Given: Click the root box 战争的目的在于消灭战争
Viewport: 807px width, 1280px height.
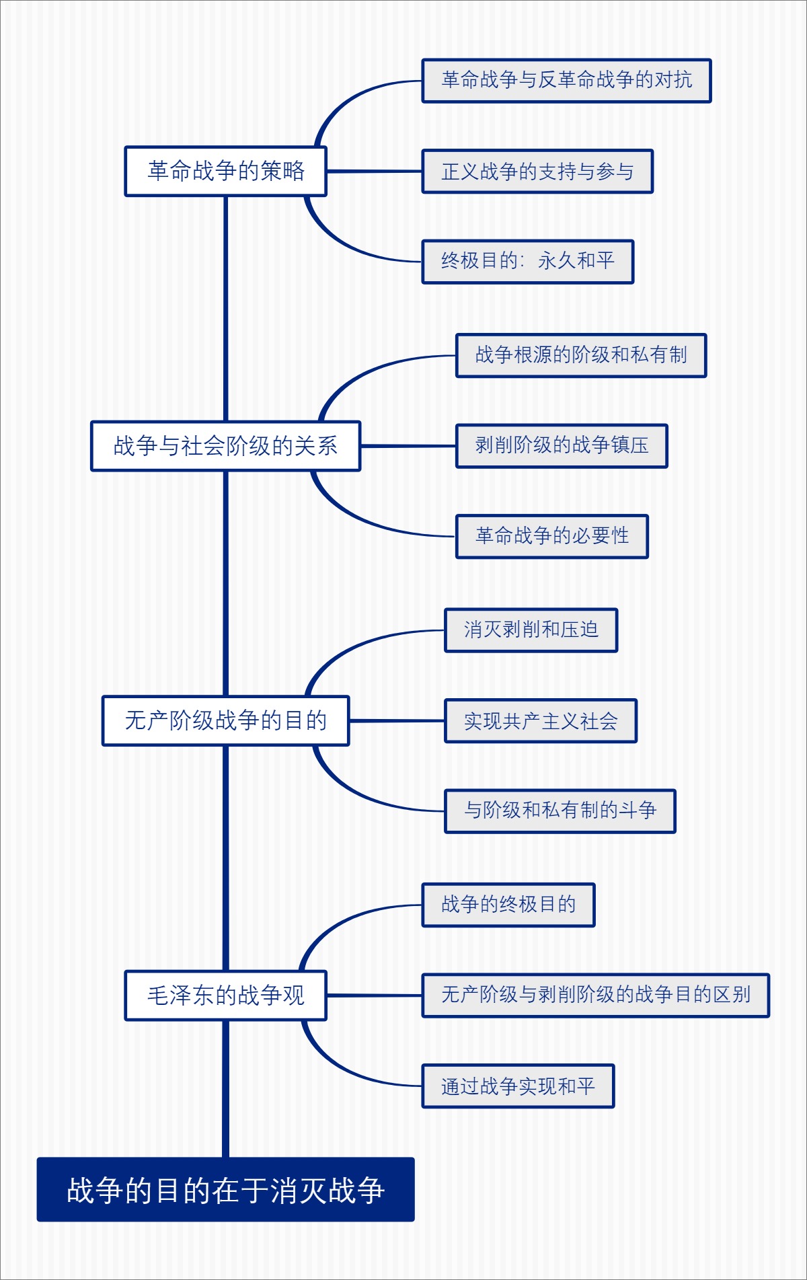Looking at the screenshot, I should [225, 1189].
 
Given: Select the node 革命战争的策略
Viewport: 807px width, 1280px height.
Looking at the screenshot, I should [225, 172].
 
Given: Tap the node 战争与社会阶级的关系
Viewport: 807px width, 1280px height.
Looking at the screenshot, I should [225, 446].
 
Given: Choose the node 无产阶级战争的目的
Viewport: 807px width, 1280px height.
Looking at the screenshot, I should [225, 720].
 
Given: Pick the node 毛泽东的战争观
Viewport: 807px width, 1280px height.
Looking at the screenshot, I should [225, 995].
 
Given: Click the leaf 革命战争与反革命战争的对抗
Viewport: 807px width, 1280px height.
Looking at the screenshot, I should [566, 81].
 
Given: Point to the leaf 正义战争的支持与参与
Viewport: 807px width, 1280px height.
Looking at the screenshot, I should [537, 172].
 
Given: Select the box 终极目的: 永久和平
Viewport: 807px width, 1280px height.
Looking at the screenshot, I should [528, 262].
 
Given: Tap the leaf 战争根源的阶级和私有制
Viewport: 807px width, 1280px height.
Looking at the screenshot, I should [581, 355].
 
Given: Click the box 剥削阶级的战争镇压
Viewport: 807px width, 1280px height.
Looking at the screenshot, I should [562, 446].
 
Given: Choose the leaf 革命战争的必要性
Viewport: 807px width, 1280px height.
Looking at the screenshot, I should [552, 536].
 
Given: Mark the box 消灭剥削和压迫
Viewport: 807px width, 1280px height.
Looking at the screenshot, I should [531, 630].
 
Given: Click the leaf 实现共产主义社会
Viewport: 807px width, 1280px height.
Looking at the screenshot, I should [541, 721].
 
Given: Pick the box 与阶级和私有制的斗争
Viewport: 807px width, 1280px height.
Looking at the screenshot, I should [560, 811].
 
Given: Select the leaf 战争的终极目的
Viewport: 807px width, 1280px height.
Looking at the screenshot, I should [508, 905].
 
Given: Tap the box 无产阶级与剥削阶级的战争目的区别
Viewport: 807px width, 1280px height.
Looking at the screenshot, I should [595, 995].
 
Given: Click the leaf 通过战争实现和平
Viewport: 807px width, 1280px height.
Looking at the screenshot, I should [518, 1086].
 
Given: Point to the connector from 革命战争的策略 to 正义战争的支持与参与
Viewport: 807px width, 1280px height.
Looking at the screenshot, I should [374, 172].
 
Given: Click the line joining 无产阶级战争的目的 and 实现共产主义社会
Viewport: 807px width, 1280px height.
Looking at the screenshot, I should [397, 720].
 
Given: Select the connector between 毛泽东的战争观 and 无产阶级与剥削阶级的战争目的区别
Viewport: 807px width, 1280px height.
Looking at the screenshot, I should [374, 995].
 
